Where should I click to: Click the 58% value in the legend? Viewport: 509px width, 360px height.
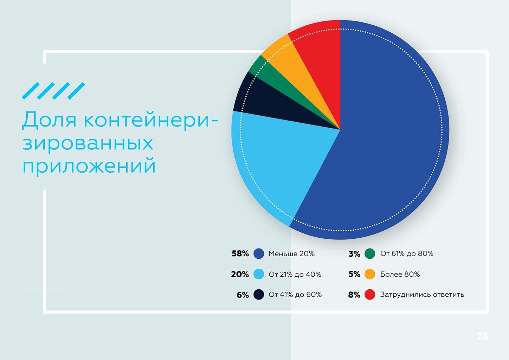tap(240, 253)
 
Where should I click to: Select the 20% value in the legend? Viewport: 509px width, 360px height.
tap(240, 274)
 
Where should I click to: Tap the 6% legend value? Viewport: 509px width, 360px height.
tap(243, 295)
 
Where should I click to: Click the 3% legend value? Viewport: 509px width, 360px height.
tap(354, 253)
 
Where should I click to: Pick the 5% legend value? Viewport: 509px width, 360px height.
tap(354, 274)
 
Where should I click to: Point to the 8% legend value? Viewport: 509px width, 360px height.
tap(354, 295)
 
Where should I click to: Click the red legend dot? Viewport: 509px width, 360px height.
tap(370, 295)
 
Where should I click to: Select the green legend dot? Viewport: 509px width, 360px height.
tap(370, 253)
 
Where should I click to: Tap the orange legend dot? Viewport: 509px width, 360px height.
tap(370, 274)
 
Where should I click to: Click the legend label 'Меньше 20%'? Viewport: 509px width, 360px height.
tap(291, 253)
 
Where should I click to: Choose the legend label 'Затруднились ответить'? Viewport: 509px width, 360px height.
tap(422, 295)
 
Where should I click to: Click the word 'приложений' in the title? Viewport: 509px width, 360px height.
tap(89, 166)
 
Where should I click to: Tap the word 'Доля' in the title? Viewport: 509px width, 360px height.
tap(49, 120)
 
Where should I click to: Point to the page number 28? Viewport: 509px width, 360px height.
tap(482, 336)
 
